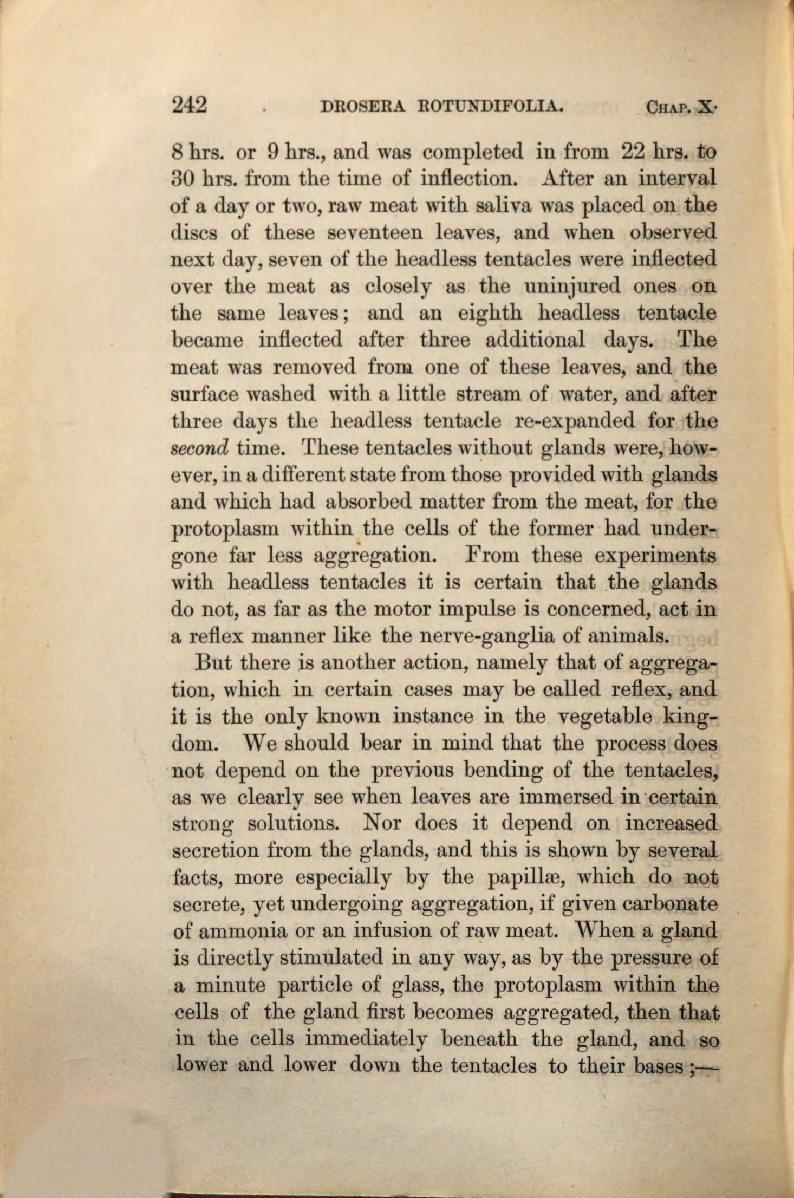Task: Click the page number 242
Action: click(189, 104)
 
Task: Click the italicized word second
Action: click(199, 448)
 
